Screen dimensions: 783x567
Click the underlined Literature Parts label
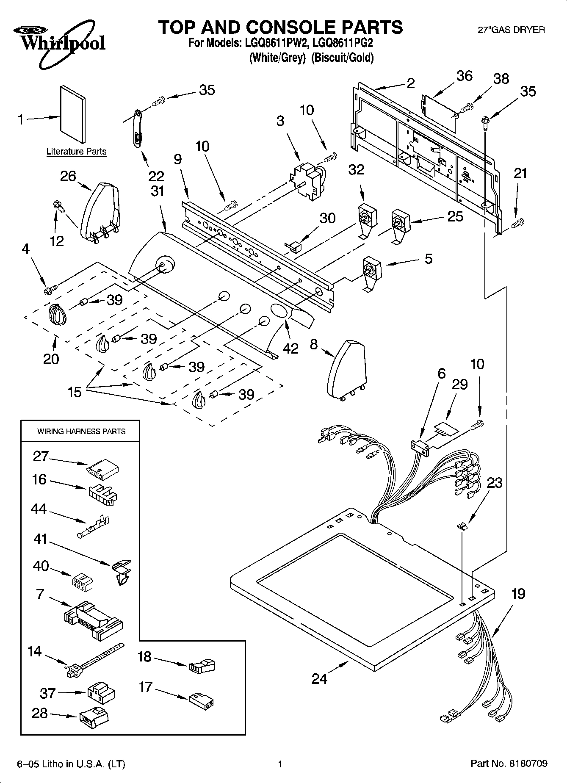tap(76, 151)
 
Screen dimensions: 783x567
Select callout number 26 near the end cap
tap(68, 176)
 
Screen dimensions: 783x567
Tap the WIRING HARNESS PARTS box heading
tap(81, 431)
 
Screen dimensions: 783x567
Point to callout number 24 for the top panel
tap(320, 678)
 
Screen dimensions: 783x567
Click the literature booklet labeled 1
tap(73, 114)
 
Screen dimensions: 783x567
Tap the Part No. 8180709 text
tap(509, 764)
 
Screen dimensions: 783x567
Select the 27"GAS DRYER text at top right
tap(511, 30)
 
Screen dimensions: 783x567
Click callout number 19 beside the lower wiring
tap(518, 594)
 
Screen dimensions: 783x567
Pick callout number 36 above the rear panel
tap(464, 76)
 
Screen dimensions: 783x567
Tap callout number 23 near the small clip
tap(494, 482)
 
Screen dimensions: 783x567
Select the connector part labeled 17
tap(201, 700)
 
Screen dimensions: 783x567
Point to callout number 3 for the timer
tap(280, 121)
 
